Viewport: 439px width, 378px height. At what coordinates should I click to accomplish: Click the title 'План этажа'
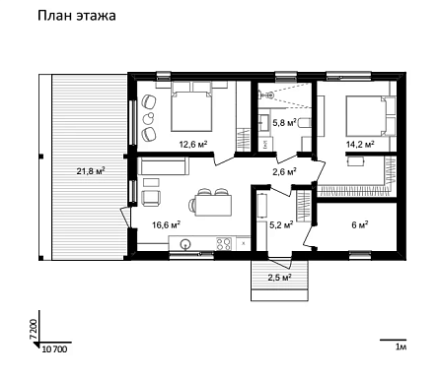point(77,16)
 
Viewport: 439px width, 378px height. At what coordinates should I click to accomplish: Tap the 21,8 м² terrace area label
point(91,170)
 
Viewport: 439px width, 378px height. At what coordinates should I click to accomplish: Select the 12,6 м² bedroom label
point(193,144)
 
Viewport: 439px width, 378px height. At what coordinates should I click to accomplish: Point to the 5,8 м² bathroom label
point(285,123)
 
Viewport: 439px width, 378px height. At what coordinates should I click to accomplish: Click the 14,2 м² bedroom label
point(360,144)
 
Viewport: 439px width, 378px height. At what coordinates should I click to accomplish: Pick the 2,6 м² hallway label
point(285,171)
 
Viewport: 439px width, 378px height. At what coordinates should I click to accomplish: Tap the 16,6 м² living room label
point(166,224)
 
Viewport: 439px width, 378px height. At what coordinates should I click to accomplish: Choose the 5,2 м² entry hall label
point(281,224)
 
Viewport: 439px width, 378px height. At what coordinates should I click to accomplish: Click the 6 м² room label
point(360,224)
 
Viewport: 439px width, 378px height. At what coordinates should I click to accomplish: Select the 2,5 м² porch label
point(280,278)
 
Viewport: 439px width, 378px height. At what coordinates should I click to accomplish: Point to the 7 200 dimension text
point(34,329)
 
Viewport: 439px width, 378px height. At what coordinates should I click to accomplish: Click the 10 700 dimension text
point(55,349)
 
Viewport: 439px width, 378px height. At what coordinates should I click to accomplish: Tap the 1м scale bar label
point(402,346)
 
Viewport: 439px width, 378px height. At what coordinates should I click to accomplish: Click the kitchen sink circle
point(185,243)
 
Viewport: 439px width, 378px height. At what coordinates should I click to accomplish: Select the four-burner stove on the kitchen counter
point(224,243)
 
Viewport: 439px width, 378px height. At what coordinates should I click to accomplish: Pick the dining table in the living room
point(213,206)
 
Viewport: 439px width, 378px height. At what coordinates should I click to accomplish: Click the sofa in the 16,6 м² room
point(164,165)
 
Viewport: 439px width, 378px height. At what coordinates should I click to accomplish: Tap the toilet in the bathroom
point(305,123)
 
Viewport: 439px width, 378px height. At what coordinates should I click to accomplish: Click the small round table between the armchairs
point(150,117)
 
